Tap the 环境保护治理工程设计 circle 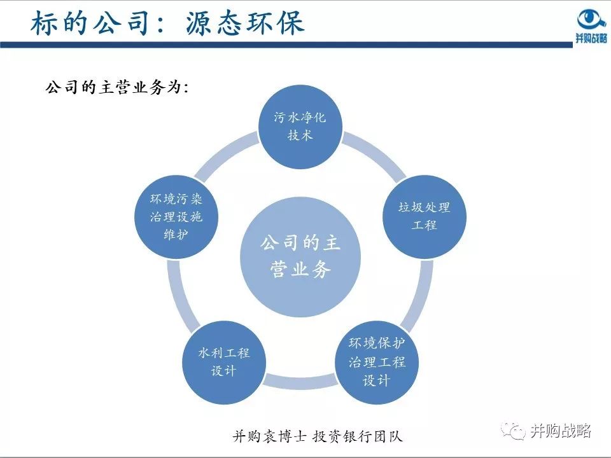pyautogui.click(x=377, y=363)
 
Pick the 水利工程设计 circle pyautogui.click(x=224, y=362)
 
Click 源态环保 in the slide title pyautogui.click(x=246, y=23)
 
